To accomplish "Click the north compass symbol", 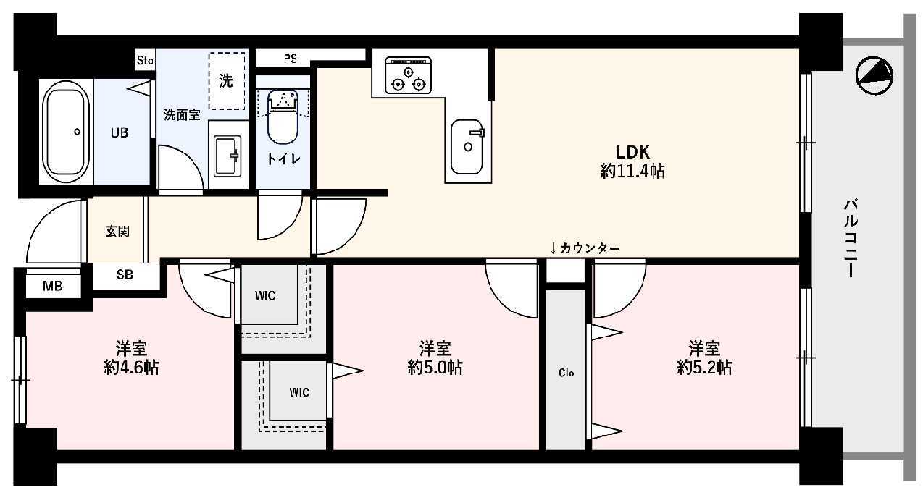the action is (x=874, y=76).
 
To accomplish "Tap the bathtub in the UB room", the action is (x=66, y=132).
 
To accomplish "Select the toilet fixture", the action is (x=283, y=117).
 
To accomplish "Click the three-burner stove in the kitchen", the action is (x=408, y=75).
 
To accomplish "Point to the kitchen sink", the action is (x=467, y=147).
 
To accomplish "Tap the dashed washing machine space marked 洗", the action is (x=226, y=81).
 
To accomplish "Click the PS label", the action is (x=290, y=59).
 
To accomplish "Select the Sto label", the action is (x=145, y=61).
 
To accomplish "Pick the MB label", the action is (x=53, y=286).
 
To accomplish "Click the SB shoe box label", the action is (x=125, y=274).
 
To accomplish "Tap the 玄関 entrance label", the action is (x=117, y=232).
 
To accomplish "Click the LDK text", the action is (x=633, y=152).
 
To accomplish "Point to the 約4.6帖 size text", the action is (x=131, y=367).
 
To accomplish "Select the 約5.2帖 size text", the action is (x=704, y=367).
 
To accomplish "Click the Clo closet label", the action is (x=566, y=373).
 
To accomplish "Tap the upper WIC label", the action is (x=265, y=295).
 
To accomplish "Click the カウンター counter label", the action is (x=590, y=248).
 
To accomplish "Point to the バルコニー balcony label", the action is (x=851, y=238).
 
